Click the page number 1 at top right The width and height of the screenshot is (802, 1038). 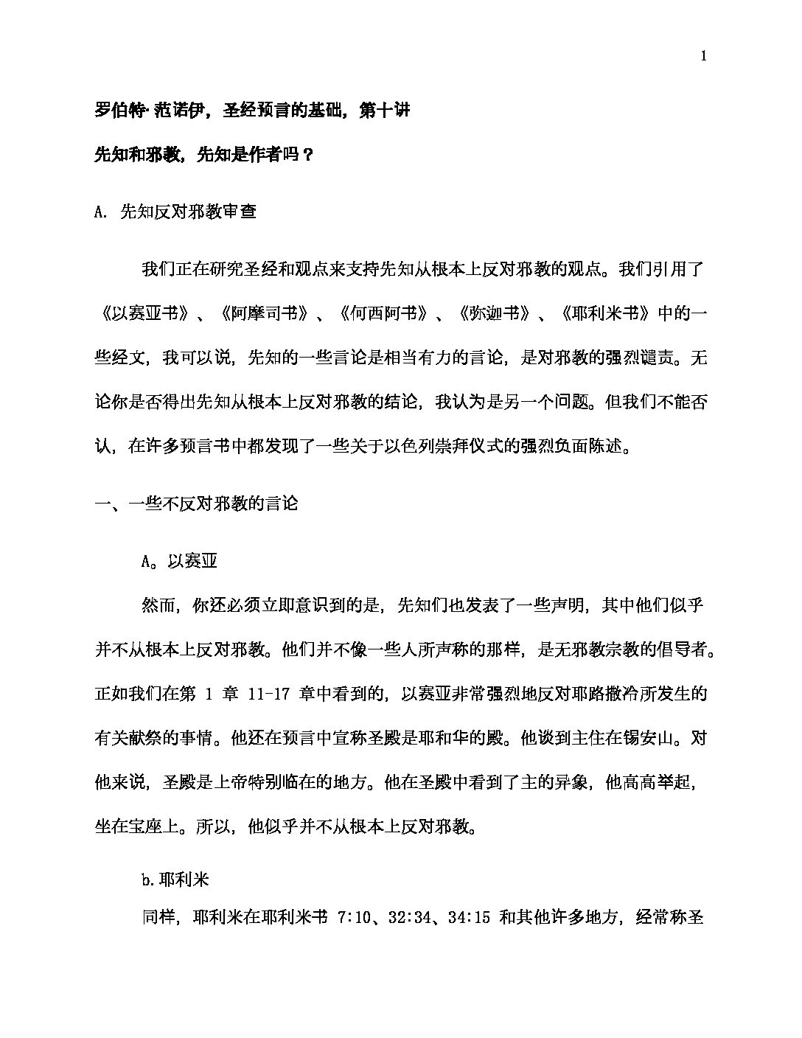pos(705,56)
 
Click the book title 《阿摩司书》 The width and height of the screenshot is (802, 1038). pos(263,313)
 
